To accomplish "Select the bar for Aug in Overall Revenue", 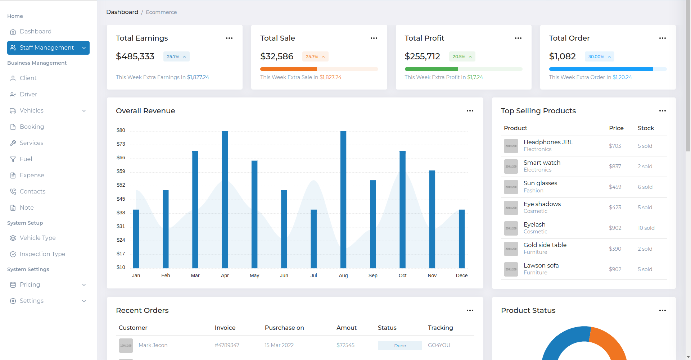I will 343,200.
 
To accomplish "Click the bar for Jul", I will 313,239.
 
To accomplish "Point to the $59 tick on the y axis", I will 121,172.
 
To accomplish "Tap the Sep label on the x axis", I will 373,275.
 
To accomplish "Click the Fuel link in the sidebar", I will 26,159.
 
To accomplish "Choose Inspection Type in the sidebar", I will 42,254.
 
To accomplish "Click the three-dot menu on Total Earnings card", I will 229,38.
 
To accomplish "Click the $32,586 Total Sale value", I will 277,56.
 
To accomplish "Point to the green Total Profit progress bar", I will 431,69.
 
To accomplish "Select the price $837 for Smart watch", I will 615,167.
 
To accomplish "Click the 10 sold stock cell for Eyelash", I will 646,228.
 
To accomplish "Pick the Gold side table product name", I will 545,245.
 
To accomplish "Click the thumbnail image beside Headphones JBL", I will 511,146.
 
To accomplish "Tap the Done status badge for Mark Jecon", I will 400,346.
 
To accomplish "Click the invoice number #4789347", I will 227,345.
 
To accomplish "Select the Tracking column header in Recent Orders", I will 440,328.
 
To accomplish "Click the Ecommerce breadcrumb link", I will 161,12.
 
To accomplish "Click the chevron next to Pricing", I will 84,285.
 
